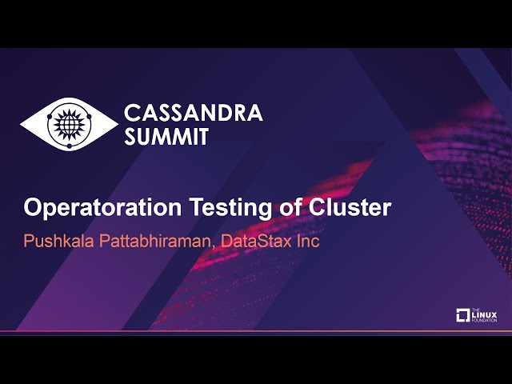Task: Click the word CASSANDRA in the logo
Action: pos(193,113)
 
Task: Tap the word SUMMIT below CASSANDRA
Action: pos(166,137)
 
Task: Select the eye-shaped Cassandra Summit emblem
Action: pos(69,124)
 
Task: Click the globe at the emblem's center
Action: pos(69,124)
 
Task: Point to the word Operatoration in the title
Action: pos(103,208)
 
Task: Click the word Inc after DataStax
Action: pos(307,241)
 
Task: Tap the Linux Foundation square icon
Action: pos(462,315)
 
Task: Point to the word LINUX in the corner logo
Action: pos(485,314)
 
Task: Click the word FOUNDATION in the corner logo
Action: pos(485,321)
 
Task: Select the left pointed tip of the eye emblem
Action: pos(22,124)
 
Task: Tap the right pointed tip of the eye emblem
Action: pos(116,124)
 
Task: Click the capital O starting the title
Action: pos(33,208)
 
